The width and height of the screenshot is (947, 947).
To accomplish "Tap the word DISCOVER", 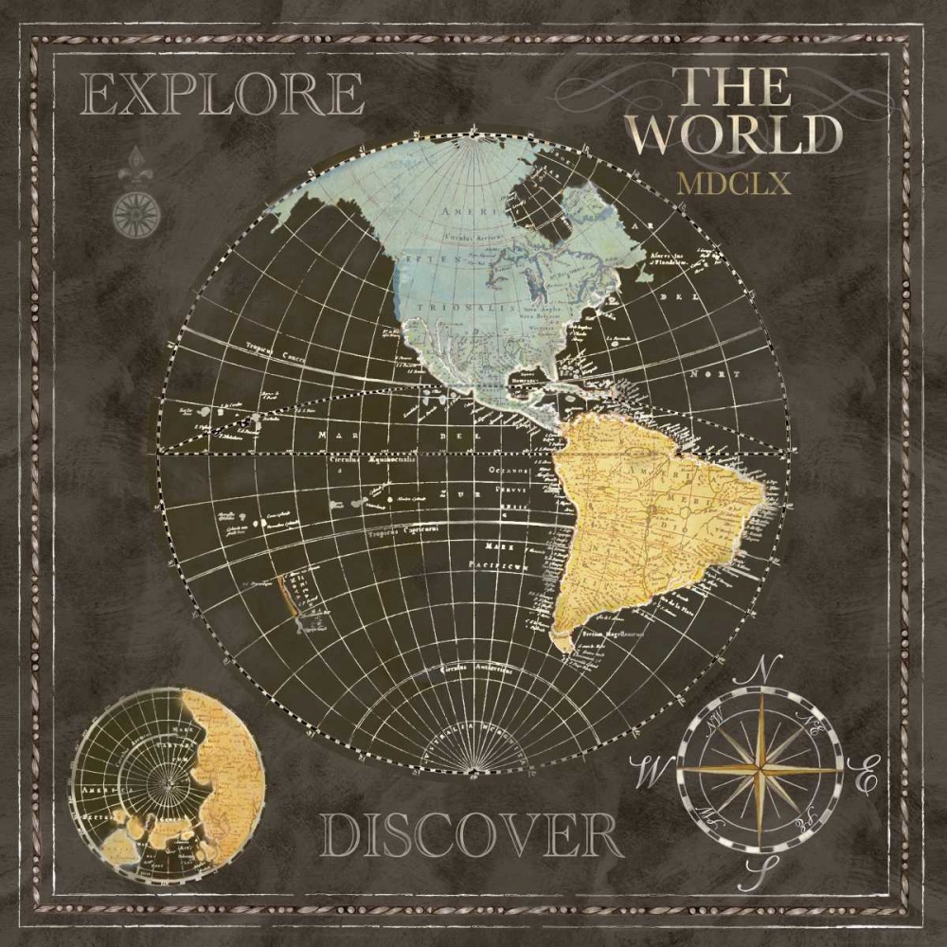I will click(471, 837).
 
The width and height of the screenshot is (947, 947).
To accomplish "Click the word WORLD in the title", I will click(735, 135).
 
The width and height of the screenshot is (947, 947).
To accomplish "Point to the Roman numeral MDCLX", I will click(734, 183).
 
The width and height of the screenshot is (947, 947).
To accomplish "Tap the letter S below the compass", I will click(754, 869).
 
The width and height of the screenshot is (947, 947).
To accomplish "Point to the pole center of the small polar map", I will click(168, 783).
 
